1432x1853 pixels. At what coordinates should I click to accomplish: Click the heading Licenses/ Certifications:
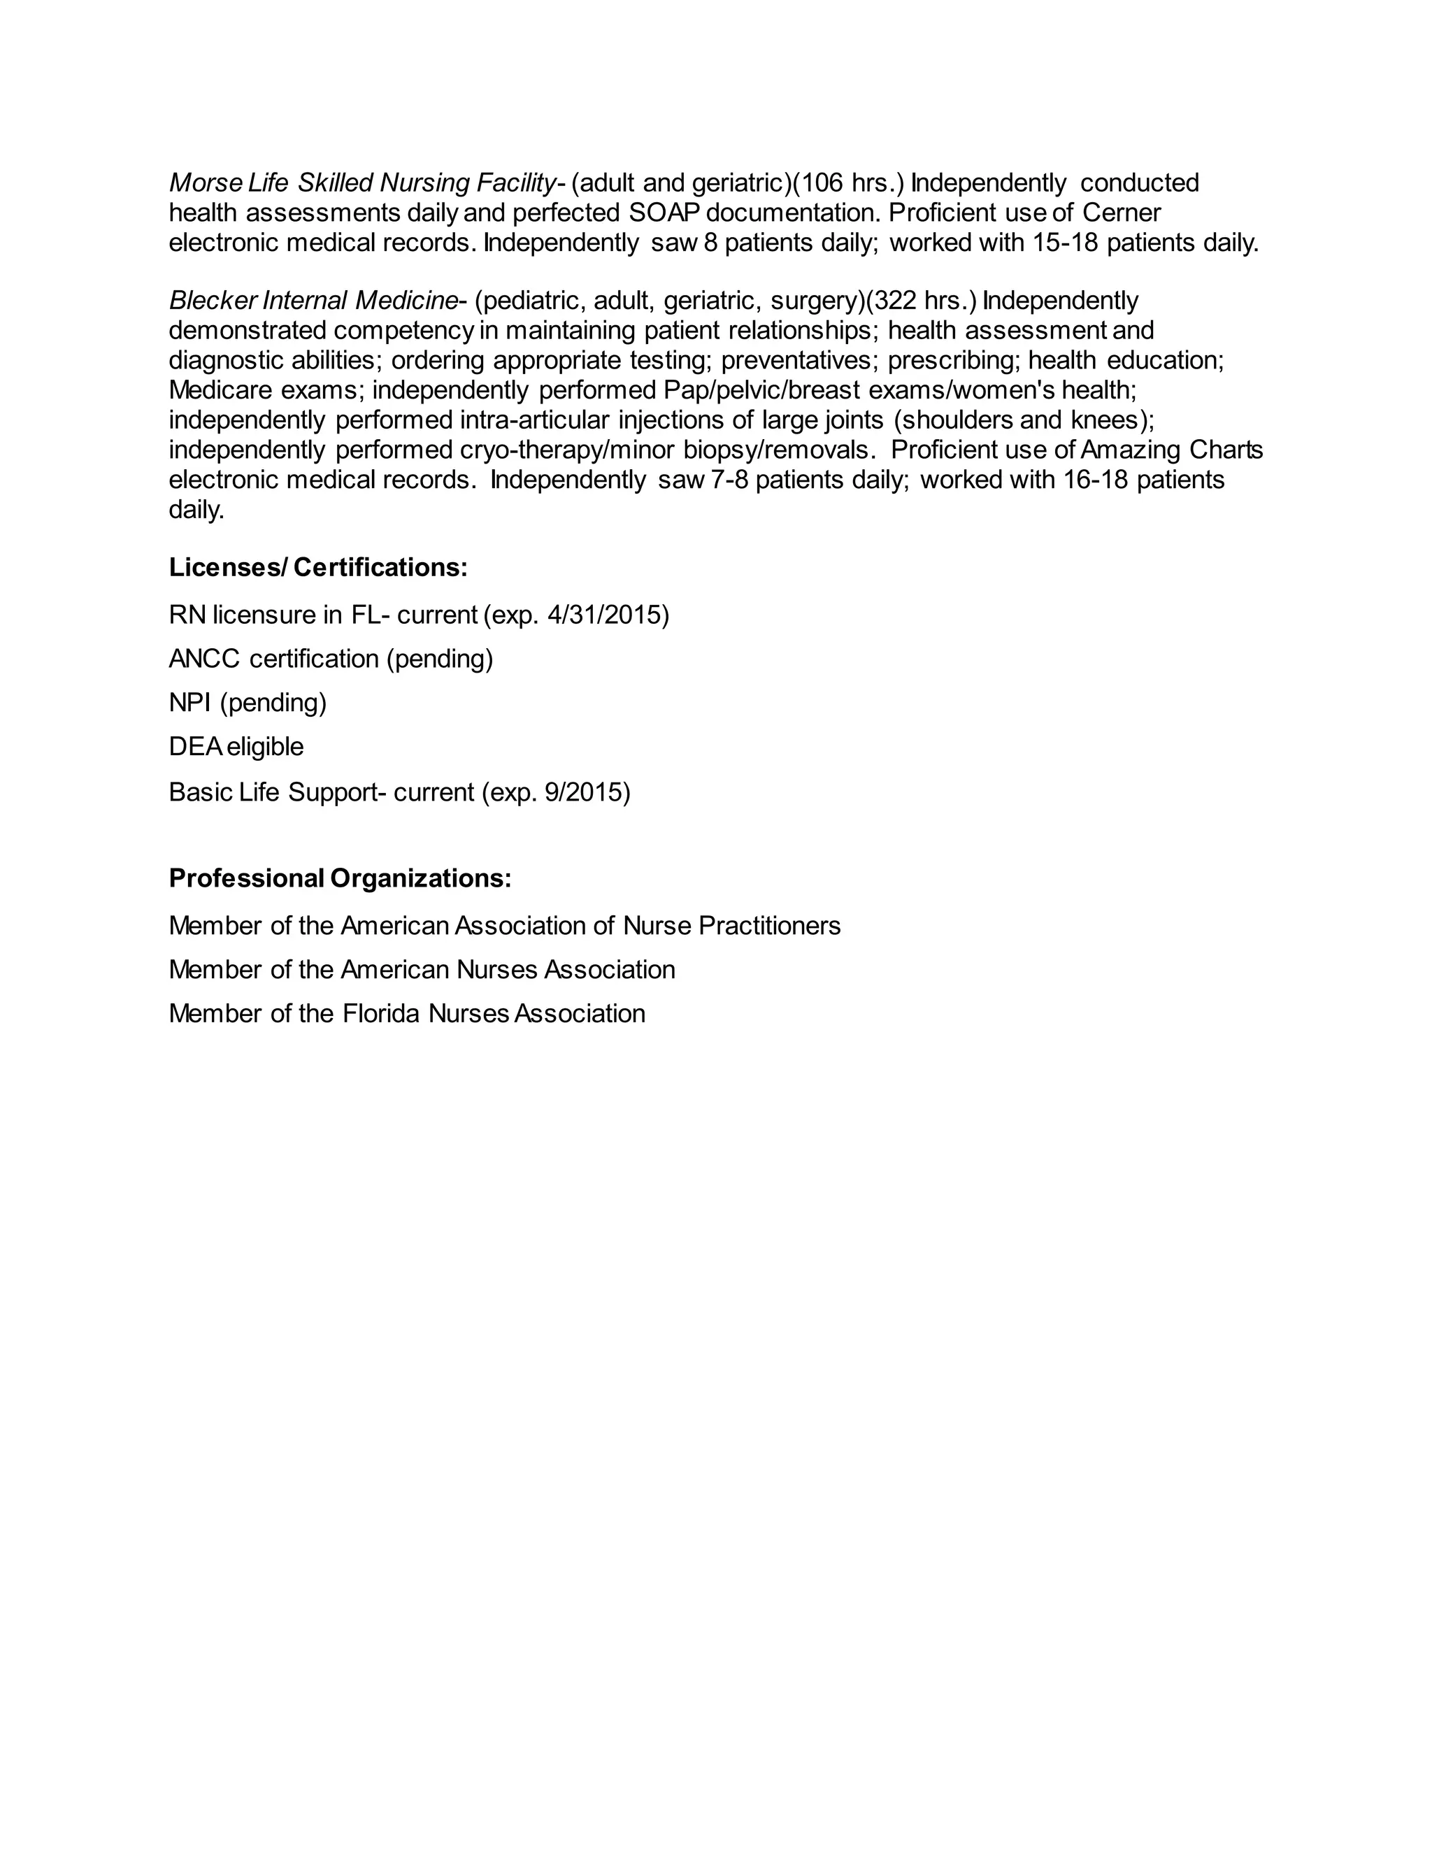[x=318, y=568]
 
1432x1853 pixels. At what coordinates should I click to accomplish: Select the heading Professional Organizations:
[x=341, y=878]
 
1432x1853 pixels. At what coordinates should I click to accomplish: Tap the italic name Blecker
[x=212, y=301]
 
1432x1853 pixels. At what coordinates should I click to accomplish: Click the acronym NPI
[x=190, y=703]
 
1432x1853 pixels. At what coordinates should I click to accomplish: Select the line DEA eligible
[x=236, y=747]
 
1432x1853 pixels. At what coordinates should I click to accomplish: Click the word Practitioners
[x=769, y=926]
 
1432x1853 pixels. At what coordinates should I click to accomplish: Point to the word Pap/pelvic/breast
[x=763, y=390]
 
